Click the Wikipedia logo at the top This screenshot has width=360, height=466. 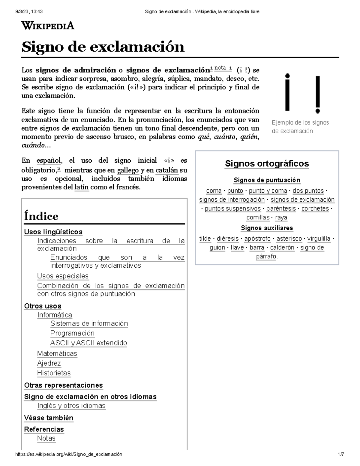point(48,26)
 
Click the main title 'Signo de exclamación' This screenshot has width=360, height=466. point(103,47)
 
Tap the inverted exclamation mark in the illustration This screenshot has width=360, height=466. point(287,92)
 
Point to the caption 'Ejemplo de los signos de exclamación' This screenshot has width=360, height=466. point(300,127)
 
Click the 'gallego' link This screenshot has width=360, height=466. point(128,170)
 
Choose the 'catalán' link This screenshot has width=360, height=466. point(167,170)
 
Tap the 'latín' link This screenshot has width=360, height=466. point(81,187)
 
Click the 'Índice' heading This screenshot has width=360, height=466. point(41,216)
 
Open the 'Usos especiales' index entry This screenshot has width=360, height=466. point(63,276)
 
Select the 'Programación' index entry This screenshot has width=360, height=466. point(72,333)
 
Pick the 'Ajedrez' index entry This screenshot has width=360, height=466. point(49,363)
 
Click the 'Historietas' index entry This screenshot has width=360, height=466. point(54,373)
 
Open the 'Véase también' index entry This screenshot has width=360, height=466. point(49,418)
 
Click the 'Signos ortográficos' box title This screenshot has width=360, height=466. point(267,164)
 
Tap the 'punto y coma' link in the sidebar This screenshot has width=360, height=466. point(268,191)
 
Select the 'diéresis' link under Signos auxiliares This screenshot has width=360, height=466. point(228,239)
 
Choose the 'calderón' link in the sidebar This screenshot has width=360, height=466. point(282,248)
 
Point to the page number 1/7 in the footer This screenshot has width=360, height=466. point(340,454)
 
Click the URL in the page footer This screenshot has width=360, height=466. point(69,454)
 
